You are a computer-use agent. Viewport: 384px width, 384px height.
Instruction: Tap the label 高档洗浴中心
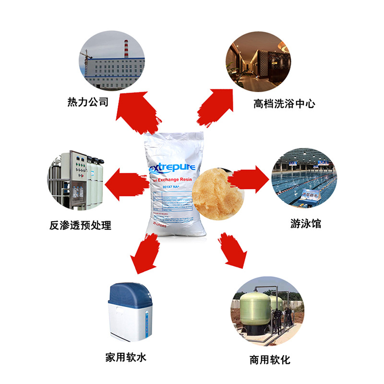click(284, 103)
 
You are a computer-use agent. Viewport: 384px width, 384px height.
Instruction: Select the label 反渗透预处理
click(80, 225)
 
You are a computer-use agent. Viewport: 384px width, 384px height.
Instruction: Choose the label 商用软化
click(270, 360)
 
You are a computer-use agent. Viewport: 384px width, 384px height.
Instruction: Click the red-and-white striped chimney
click(126, 48)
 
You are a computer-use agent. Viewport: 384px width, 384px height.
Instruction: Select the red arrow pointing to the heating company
click(136, 111)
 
